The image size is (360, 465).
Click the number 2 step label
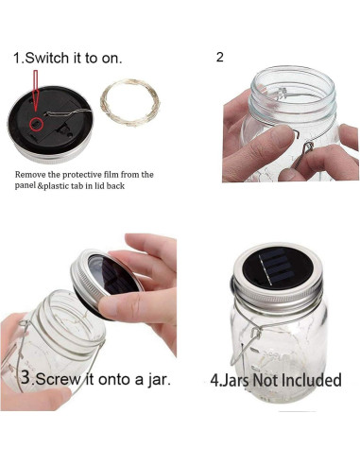[220, 57]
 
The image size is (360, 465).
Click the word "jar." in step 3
[154, 380]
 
